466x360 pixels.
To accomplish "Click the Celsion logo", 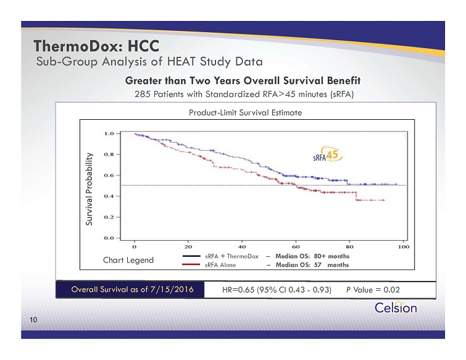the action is tap(396, 308).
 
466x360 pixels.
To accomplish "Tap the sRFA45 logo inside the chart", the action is tap(328, 154).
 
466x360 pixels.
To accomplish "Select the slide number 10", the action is tap(33, 320).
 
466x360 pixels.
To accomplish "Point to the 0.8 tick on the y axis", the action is tap(109, 154).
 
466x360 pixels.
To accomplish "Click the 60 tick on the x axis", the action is tap(296, 247).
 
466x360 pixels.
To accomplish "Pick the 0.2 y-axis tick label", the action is tap(109, 217).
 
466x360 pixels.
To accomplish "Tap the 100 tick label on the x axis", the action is tap(404, 247).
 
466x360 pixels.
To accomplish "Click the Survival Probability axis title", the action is tap(89, 189).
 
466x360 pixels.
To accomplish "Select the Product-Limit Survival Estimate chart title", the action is tap(246, 112).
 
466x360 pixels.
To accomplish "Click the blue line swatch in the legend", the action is tap(191, 256).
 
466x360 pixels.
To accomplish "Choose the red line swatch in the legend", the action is tap(191, 264).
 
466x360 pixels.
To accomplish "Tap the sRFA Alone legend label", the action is tap(220, 265).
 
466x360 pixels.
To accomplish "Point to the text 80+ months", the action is tap(331, 256).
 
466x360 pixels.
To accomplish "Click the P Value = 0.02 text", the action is tap(373, 290).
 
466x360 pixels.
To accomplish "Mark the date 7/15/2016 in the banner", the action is tap(172, 290).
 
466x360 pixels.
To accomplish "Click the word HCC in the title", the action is tap(144, 46).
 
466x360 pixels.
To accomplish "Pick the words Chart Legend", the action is tap(128, 260).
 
